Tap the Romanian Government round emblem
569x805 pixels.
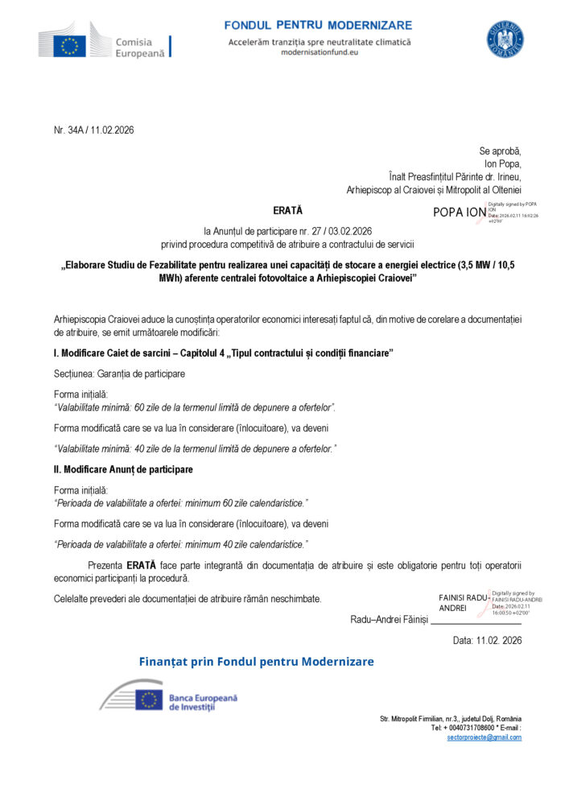pos(505,39)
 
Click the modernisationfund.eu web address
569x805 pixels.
pos(320,52)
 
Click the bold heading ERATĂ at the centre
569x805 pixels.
pos(287,210)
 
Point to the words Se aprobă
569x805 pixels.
pos(500,151)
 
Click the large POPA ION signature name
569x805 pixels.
pos(460,213)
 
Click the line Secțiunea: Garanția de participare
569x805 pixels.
pos(119,374)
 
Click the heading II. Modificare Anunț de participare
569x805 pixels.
pos(123,469)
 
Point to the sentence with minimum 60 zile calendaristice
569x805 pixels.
pos(180,503)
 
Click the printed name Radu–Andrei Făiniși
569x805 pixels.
pos(390,619)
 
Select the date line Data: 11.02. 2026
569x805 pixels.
pos(488,641)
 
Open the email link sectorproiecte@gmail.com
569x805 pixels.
pos(484,737)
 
